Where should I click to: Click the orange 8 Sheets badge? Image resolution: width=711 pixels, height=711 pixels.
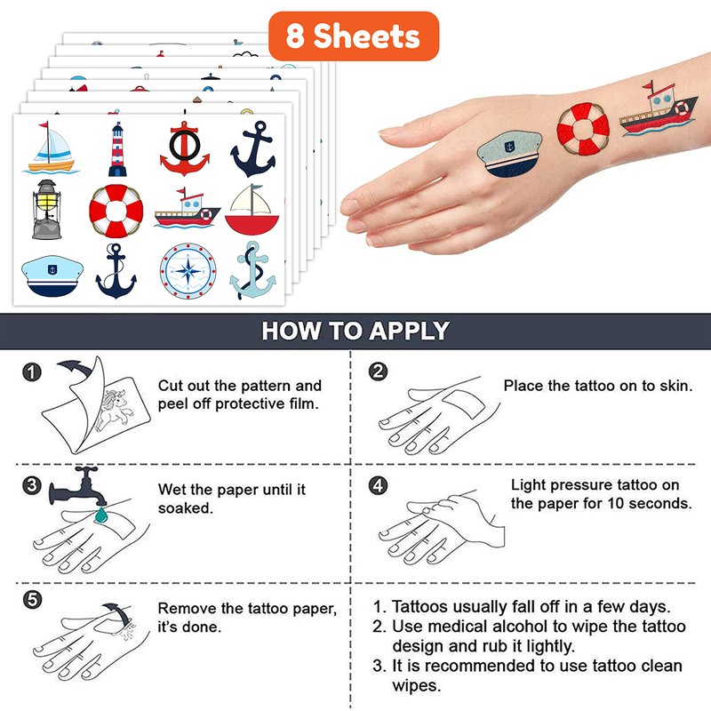pyautogui.click(x=354, y=36)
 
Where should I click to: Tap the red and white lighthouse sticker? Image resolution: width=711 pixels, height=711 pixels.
pyautogui.click(x=117, y=149)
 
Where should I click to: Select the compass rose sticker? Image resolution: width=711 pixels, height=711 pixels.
pyautogui.click(x=188, y=271)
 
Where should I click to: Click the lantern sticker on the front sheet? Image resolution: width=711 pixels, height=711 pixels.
pyautogui.click(x=46, y=209)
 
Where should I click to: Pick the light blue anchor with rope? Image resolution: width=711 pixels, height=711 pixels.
pyautogui.click(x=252, y=271)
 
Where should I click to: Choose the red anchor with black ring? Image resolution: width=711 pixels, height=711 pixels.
pyautogui.click(x=185, y=148)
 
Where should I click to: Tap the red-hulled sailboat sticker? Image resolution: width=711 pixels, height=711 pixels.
pyautogui.click(x=252, y=209)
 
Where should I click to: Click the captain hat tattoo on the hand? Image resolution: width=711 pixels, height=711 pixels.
pyautogui.click(x=509, y=154)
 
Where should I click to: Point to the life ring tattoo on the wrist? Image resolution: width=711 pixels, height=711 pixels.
pyautogui.click(x=583, y=129)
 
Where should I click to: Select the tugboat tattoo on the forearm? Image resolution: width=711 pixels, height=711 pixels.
pyautogui.click(x=659, y=109)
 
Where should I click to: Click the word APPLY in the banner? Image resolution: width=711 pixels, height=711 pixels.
pyautogui.click(x=409, y=331)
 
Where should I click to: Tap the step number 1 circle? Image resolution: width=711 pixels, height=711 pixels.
pyautogui.click(x=32, y=371)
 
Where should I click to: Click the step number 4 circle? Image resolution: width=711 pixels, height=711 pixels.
pyautogui.click(x=378, y=485)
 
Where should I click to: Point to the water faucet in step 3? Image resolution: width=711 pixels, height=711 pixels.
pyautogui.click(x=78, y=486)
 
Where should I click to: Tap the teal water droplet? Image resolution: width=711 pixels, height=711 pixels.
pyautogui.click(x=100, y=515)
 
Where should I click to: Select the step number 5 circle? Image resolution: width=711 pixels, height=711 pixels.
pyautogui.click(x=32, y=600)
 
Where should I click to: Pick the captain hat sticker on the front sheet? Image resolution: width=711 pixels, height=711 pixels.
pyautogui.click(x=52, y=276)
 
